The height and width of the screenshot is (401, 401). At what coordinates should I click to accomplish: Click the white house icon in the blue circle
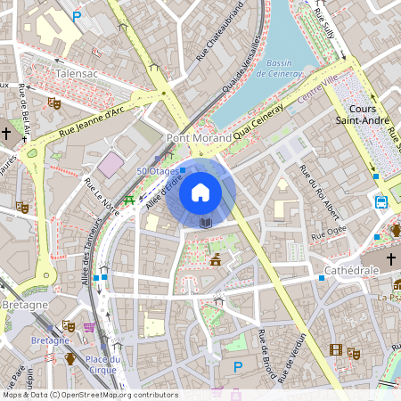[x=200, y=192]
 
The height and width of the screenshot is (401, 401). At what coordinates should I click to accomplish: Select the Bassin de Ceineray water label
[x=280, y=69]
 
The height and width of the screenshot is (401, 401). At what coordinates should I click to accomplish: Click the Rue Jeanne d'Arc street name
[x=92, y=122]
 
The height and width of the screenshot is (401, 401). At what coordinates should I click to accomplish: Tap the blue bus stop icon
[x=381, y=201]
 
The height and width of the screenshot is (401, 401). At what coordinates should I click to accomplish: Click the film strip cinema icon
[x=336, y=350]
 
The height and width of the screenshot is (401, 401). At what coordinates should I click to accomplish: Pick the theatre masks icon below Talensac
[x=53, y=103]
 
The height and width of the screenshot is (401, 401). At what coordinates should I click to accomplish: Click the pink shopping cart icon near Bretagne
[x=88, y=327]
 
